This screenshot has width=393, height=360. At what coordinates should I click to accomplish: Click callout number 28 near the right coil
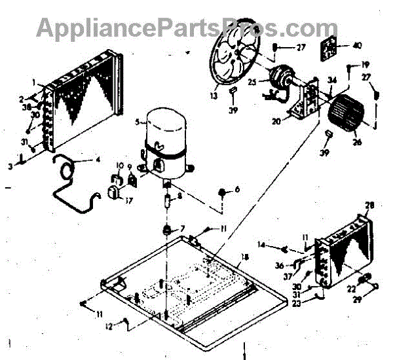point(369,206)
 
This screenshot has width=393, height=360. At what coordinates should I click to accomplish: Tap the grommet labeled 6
point(223,191)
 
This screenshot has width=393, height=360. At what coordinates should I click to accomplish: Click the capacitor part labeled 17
point(115,194)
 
